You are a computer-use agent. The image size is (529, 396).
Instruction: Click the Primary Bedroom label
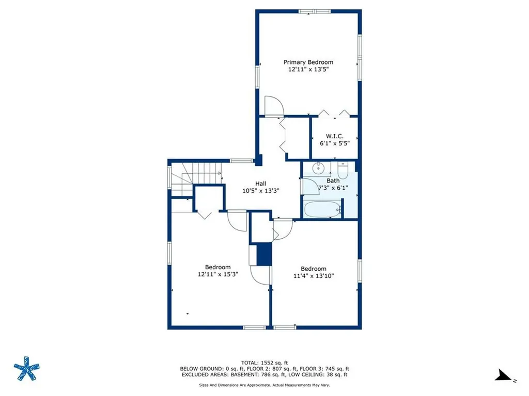[308, 62]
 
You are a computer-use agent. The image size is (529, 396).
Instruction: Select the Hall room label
[261, 183]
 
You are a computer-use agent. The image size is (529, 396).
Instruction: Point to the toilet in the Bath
[344, 170]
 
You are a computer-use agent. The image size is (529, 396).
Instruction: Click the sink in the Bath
[319, 167]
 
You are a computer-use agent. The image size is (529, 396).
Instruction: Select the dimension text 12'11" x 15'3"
[217, 274]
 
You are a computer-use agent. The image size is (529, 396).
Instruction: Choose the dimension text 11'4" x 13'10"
[314, 276]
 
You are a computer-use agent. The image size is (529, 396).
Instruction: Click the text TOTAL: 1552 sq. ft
[264, 362]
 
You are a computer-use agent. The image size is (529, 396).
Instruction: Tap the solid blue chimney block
[264, 254]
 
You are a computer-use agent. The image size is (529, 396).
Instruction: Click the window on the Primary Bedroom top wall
[315, 11]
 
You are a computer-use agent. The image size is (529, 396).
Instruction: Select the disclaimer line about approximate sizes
[264, 385]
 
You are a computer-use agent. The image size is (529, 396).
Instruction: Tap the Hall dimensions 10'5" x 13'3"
[261, 190]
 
